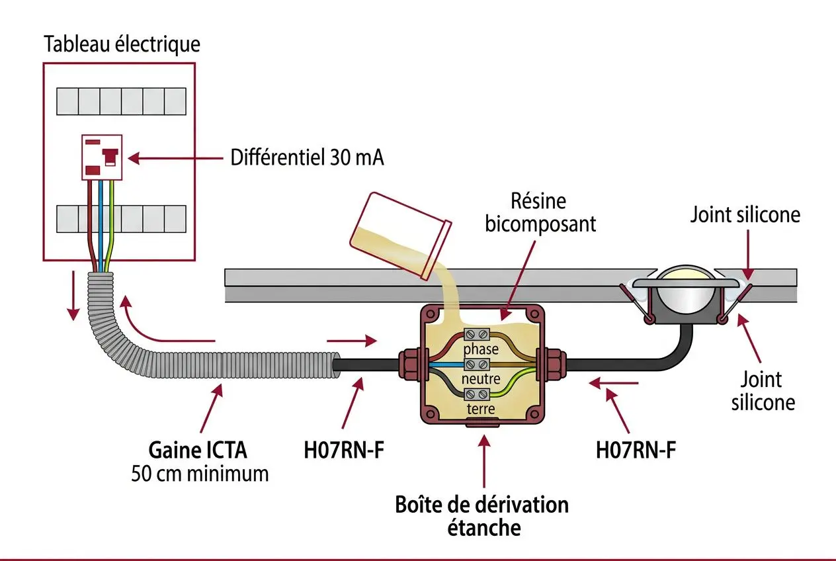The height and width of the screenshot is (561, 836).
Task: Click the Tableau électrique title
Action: pos(122,44)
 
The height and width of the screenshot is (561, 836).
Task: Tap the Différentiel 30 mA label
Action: pos(307,157)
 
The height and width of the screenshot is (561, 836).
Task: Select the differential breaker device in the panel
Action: pos(102,157)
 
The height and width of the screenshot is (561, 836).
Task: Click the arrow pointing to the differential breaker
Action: pos(175,158)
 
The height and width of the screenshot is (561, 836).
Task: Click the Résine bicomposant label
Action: pos(540,213)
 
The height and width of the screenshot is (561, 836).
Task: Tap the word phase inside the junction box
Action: pos(481,349)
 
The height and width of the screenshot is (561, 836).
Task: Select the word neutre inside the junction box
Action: pos(481,379)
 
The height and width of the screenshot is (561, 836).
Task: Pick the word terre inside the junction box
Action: pos(481,409)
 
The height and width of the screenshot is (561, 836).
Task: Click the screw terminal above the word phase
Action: pos(477,335)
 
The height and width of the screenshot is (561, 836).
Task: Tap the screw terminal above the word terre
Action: pos(477,394)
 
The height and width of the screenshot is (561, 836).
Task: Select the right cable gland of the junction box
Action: pos(552,365)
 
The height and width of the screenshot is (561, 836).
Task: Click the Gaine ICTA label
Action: pos(198,450)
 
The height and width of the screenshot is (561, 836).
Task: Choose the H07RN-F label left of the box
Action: pos(344,450)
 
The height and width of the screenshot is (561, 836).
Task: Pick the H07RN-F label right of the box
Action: pos(636,450)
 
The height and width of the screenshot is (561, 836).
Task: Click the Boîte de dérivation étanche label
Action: pos(482,516)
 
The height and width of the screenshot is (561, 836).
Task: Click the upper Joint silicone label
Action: pos(745,215)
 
